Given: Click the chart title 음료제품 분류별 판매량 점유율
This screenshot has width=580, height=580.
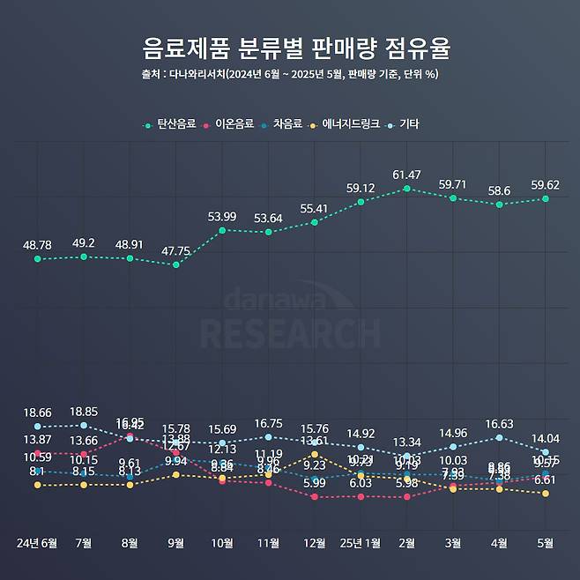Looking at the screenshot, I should coord(289,46).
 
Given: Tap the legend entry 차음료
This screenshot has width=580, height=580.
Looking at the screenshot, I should coord(287,125).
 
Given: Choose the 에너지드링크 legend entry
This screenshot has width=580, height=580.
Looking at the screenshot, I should coord(350,125).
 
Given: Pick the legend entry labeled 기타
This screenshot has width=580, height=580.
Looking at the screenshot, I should coord(410,125).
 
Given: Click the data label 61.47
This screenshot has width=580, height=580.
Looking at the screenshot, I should coord(406,175).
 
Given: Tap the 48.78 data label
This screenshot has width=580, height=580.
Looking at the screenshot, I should coord(37,244).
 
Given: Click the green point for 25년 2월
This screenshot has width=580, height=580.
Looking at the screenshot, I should coord(406,189).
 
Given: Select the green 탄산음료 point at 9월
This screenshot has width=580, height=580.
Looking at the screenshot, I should coord(176,264).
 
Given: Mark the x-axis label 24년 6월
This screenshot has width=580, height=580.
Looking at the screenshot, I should coord(37,542).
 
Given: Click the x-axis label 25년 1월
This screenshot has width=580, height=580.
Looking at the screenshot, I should coord(361,542).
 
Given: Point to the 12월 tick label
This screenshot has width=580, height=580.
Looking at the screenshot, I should coord(315,542).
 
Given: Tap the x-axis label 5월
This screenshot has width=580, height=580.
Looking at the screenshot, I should coord(546,542).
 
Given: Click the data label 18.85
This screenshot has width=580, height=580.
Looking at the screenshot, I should coord(84,411).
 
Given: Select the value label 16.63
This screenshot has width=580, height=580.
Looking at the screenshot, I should coord(499,423).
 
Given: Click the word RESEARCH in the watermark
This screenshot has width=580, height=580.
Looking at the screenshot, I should coord(290,333).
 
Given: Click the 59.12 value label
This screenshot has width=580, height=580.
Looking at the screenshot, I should coord(361,188).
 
